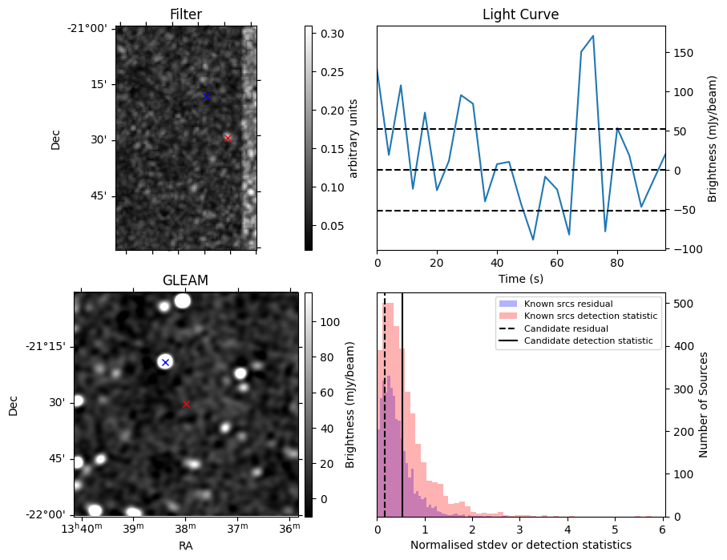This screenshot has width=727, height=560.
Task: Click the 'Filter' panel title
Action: coord(186,14)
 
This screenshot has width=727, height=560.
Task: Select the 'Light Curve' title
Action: coord(520,14)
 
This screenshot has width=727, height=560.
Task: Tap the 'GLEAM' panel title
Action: coord(185,280)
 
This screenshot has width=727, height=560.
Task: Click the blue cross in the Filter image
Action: coord(206,96)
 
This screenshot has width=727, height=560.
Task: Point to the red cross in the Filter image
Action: coord(228,138)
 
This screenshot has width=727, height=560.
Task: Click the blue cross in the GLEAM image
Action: coord(165,362)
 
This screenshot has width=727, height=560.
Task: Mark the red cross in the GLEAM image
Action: coord(186,405)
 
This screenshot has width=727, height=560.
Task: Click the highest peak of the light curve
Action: coord(592,36)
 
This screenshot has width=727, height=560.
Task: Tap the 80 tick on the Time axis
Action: coord(616,262)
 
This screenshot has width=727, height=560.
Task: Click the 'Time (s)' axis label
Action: coord(520,277)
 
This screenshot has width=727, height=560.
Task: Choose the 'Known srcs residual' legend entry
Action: coord(567,304)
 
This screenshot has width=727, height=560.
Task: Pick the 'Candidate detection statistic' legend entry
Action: coord(588,341)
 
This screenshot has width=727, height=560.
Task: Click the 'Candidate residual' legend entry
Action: coord(566,329)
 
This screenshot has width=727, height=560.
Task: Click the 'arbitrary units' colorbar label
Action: coord(353,138)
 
